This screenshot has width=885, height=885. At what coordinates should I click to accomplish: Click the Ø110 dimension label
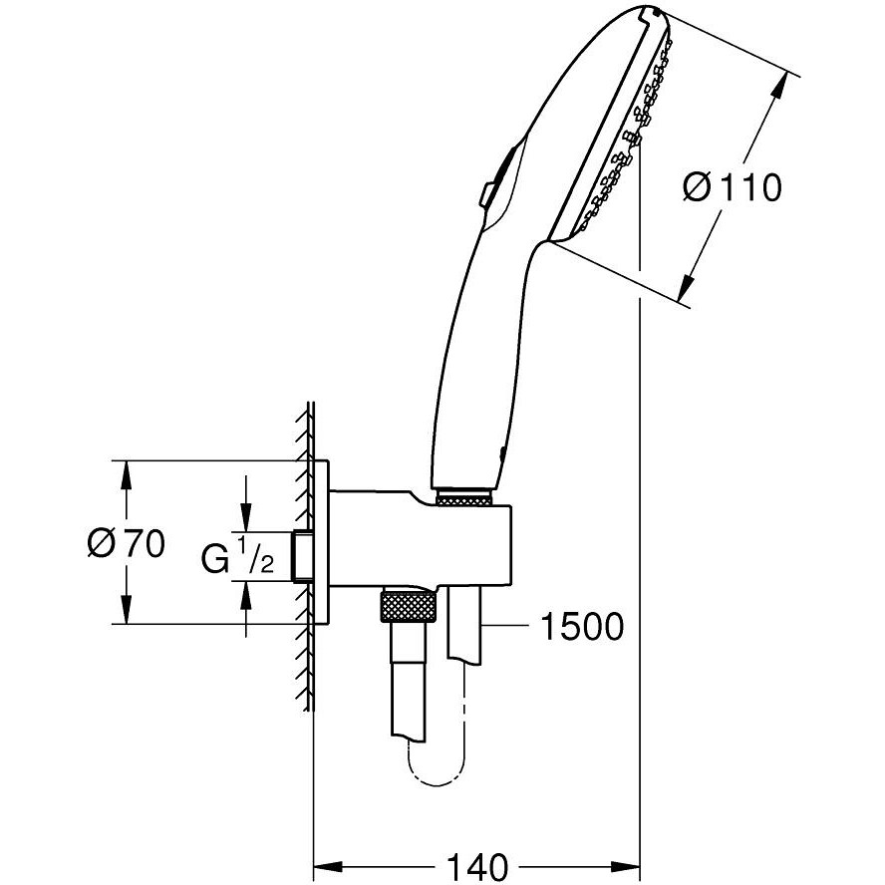click(733, 186)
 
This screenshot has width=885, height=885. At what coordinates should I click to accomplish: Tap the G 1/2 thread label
click(238, 559)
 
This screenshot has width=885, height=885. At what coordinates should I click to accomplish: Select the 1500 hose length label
click(582, 627)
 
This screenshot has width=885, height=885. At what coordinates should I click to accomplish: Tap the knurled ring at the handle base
click(465, 497)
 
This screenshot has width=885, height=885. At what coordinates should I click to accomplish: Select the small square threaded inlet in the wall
click(302, 555)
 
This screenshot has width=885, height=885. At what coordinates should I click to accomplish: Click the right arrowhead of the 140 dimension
click(626, 863)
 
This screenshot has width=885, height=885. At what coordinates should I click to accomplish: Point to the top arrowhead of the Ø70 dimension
click(126, 472)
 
